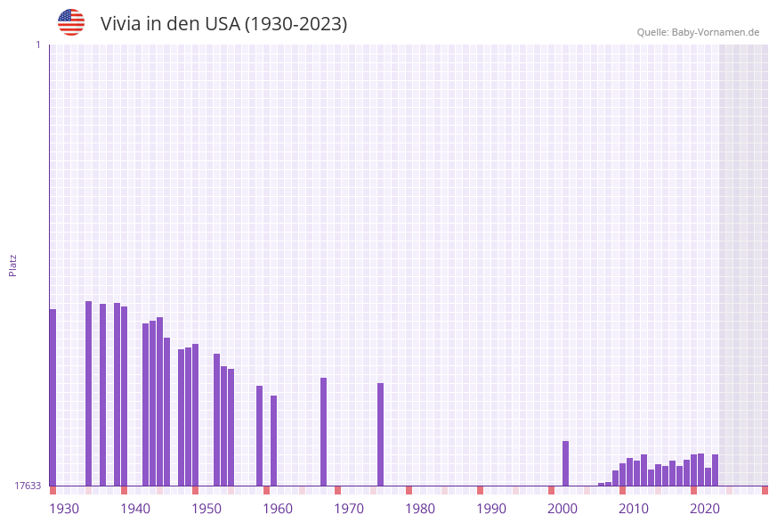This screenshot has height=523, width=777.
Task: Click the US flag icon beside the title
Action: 71,22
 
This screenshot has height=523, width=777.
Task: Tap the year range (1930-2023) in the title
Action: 295,24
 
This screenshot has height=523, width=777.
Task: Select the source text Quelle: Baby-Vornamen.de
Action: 698,32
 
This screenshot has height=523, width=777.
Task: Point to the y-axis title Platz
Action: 13,265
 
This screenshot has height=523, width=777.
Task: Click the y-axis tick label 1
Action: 37,45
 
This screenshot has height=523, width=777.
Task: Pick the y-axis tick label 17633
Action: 28,486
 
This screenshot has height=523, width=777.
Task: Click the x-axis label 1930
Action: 64,509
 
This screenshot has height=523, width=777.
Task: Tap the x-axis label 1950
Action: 206,509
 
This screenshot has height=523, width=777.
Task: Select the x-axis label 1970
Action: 349,509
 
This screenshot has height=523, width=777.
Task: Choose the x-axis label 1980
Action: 420,509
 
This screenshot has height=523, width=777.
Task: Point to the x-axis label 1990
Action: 491,509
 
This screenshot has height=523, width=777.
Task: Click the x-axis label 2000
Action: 563,509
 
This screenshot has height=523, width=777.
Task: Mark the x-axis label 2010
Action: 634,509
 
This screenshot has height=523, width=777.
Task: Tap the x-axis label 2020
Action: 705,509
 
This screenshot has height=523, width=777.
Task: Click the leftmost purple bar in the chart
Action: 53,396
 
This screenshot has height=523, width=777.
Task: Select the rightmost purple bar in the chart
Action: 715,470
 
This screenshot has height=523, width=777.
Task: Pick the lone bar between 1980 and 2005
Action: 565,462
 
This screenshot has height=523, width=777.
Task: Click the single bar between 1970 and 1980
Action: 380,434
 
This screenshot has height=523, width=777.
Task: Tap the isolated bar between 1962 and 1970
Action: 323,431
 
